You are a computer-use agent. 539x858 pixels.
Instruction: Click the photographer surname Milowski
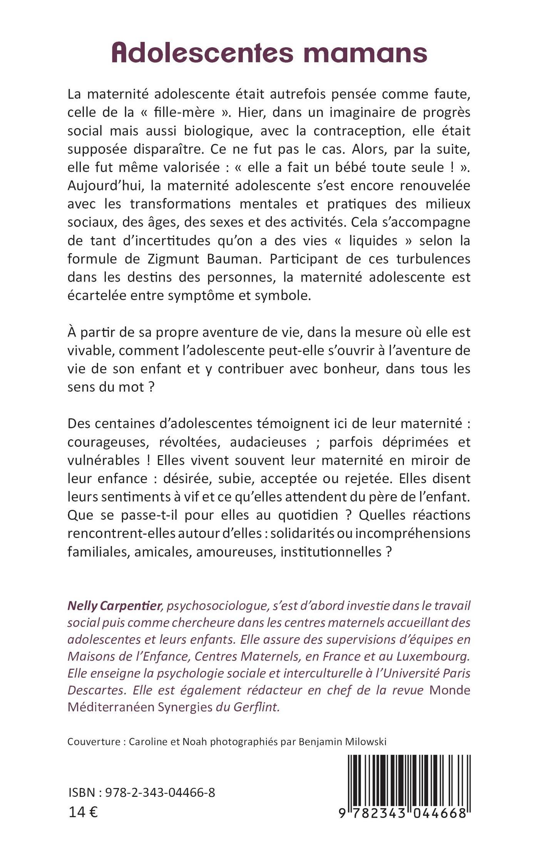tap(362, 741)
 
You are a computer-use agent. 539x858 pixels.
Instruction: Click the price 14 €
tap(83, 813)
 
